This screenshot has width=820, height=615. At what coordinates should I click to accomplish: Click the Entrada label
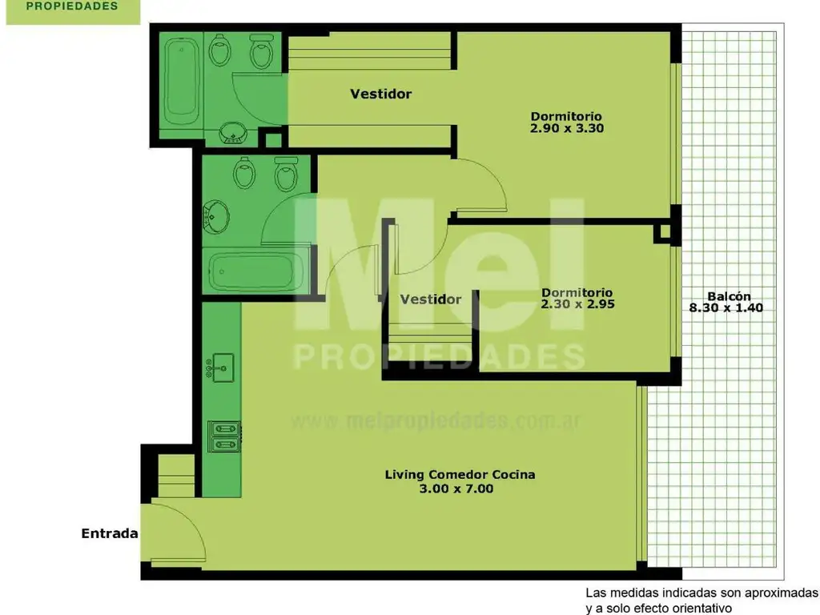109,533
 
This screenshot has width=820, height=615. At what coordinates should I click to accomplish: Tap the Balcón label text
729,296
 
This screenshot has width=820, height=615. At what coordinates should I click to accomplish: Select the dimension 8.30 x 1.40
726,307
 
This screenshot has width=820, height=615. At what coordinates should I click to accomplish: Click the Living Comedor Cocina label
460,475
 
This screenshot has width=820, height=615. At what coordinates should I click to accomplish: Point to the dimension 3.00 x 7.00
456,488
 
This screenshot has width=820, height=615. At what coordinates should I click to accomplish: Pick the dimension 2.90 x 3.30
567,128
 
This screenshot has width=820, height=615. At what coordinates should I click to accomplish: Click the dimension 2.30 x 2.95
577,303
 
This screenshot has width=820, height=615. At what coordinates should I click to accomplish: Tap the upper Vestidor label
380,94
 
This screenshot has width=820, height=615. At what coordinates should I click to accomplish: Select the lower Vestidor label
430,299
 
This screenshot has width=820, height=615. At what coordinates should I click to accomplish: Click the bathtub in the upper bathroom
182,81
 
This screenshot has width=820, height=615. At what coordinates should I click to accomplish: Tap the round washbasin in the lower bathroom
216,216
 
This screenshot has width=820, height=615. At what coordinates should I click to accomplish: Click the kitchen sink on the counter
220,368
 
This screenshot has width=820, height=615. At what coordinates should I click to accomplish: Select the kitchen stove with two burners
224,436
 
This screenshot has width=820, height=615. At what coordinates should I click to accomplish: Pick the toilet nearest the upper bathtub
219,50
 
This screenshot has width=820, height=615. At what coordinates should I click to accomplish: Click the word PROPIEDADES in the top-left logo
72,6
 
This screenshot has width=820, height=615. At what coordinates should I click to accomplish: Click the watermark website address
435,420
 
